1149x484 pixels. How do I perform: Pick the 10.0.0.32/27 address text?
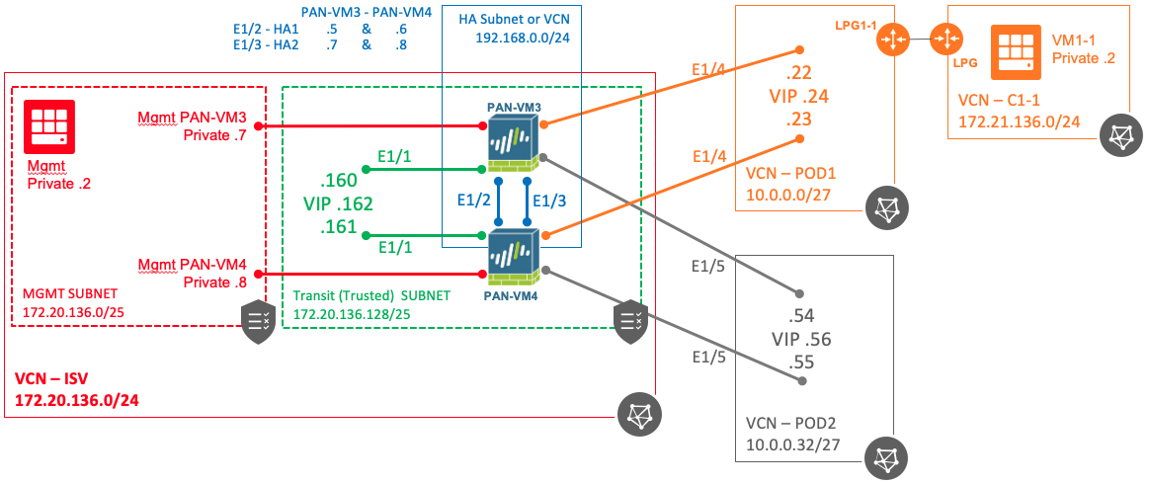(794, 444)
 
